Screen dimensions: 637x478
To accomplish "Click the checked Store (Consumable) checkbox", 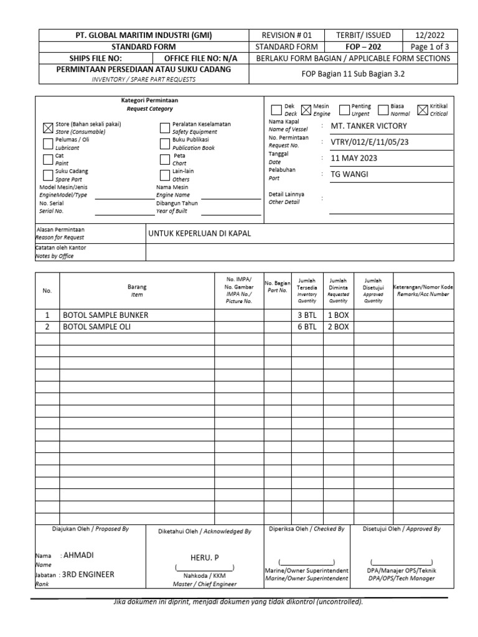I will [x=48, y=128].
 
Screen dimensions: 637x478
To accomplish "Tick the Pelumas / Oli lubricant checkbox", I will [x=48, y=144].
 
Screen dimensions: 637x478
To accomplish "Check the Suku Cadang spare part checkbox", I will [x=48, y=175].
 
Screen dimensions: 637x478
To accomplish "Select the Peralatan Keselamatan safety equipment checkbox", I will [x=164, y=128].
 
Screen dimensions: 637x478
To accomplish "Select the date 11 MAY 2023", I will [x=354, y=158].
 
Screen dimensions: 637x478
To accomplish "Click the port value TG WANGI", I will [x=350, y=174].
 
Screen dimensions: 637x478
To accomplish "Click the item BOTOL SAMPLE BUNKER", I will [x=106, y=315].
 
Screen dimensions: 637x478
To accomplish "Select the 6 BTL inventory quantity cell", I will [x=307, y=327].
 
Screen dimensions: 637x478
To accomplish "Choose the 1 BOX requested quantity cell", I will [x=338, y=315].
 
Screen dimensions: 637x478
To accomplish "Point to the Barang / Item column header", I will [x=137, y=291].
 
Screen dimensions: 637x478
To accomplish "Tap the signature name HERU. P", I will [x=204, y=557].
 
